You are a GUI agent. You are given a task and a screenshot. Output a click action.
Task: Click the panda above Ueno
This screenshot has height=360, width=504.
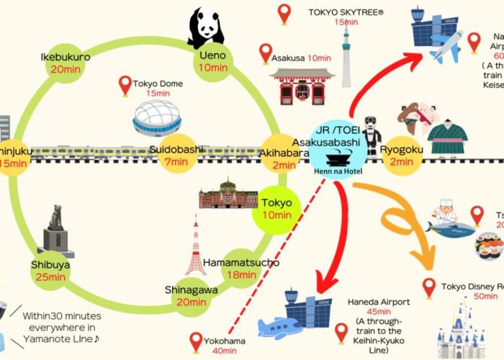(x=206, y=27)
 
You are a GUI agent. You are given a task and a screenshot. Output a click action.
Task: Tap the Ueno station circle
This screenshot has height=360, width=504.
(x=213, y=61)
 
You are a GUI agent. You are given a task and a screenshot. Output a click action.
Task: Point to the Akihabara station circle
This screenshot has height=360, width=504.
(x=279, y=154)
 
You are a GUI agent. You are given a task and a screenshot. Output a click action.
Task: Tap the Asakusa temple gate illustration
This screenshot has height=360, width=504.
(x=302, y=86)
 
